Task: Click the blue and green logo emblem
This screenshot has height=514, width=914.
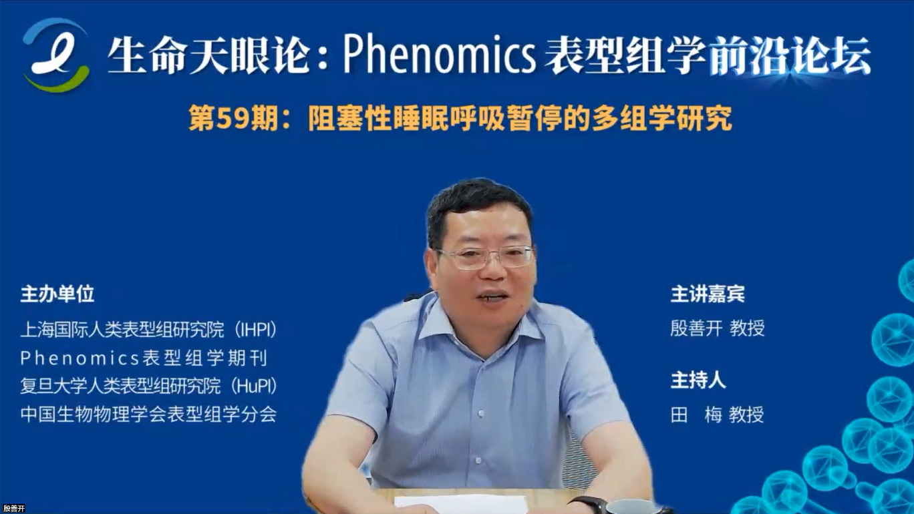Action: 56,55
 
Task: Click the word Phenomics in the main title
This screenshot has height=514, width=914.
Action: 439,54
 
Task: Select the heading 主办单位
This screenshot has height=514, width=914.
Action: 57,294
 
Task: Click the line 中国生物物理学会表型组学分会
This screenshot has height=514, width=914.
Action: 148,414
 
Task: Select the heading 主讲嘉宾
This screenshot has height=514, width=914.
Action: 708,294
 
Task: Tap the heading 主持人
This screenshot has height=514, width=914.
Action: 698,380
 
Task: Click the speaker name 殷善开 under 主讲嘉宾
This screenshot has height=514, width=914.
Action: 696,328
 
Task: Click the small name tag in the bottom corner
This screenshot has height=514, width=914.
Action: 14,508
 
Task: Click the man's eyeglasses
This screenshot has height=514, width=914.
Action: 485,257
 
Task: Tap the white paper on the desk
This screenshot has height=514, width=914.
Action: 461,504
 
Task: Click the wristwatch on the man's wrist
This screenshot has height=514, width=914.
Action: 587,505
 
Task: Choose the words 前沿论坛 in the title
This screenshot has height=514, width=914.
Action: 790,55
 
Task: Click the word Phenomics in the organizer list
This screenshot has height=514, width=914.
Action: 80,358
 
